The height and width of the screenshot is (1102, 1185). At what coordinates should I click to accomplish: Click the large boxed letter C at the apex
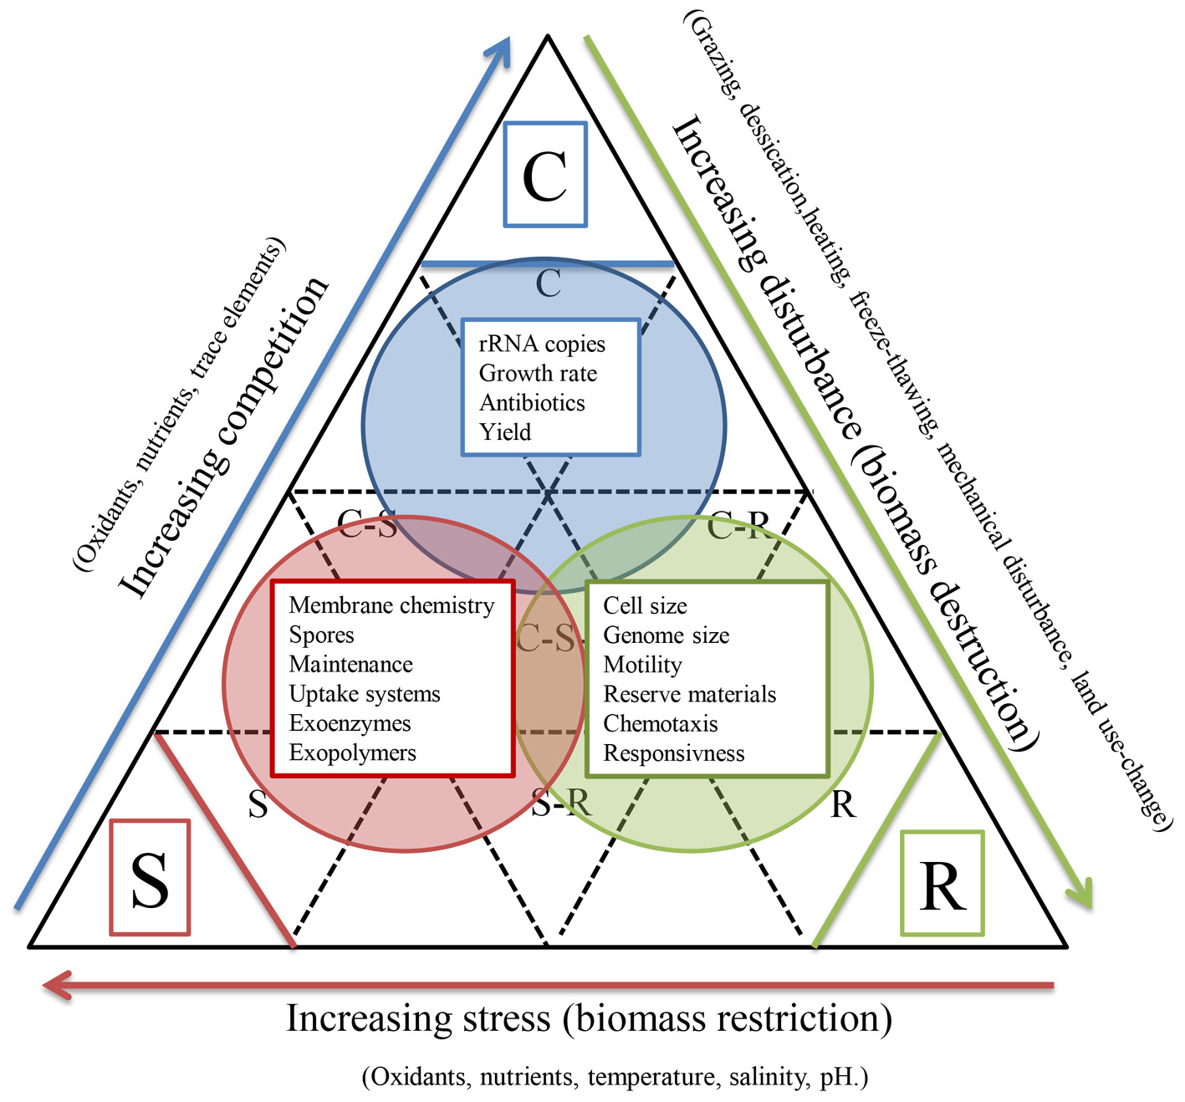[x=545, y=176]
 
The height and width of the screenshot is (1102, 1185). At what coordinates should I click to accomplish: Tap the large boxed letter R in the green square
[x=942, y=885]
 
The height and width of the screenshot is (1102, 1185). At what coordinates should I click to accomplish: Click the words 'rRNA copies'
[x=542, y=344]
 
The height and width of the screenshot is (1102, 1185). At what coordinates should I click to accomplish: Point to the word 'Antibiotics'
[x=532, y=403]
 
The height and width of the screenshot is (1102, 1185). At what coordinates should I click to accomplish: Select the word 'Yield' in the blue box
[x=505, y=432]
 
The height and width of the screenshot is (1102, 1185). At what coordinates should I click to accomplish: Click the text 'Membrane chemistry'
[x=391, y=605]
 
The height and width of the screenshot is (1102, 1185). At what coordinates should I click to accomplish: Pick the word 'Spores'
[x=322, y=635]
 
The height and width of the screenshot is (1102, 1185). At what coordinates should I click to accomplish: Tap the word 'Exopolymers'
[x=352, y=753]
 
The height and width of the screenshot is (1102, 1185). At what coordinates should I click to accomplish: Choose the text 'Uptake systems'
[x=365, y=694]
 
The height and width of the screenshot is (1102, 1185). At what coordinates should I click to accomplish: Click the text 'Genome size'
[x=666, y=635]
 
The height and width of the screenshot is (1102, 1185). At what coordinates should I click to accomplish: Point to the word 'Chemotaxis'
[x=661, y=723]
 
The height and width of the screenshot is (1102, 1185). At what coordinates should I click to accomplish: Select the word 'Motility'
[x=642, y=665]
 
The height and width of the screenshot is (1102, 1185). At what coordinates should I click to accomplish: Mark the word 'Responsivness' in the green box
[x=673, y=753]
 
